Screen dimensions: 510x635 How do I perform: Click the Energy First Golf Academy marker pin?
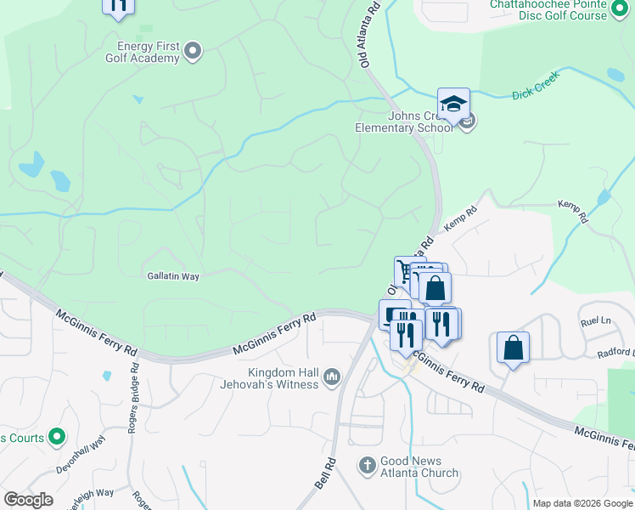(193, 52)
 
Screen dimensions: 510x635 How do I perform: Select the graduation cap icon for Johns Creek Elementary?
(453, 104)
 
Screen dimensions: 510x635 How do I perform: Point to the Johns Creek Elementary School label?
(404, 122)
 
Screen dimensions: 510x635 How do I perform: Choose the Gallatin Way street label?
(173, 276)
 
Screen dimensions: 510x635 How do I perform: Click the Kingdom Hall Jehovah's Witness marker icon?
(331, 376)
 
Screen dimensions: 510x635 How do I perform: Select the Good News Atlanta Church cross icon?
(367, 465)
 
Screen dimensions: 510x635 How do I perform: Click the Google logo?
(28, 499)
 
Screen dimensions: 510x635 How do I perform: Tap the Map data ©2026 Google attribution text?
(582, 503)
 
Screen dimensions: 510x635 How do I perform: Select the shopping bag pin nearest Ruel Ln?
(513, 348)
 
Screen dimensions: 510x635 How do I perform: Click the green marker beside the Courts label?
(57, 438)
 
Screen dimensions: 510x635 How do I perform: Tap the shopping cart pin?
(404, 272)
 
